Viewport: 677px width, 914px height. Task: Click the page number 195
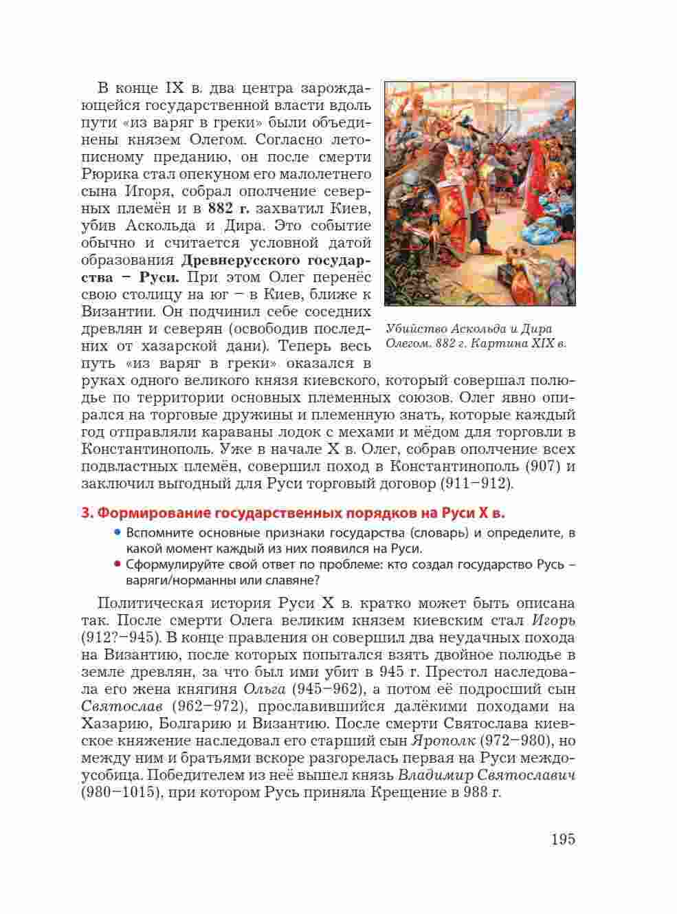(x=562, y=839)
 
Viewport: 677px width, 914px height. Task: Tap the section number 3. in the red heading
(x=87, y=513)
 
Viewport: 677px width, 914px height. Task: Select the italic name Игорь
(x=553, y=620)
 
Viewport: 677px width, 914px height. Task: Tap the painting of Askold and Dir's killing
(x=479, y=193)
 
